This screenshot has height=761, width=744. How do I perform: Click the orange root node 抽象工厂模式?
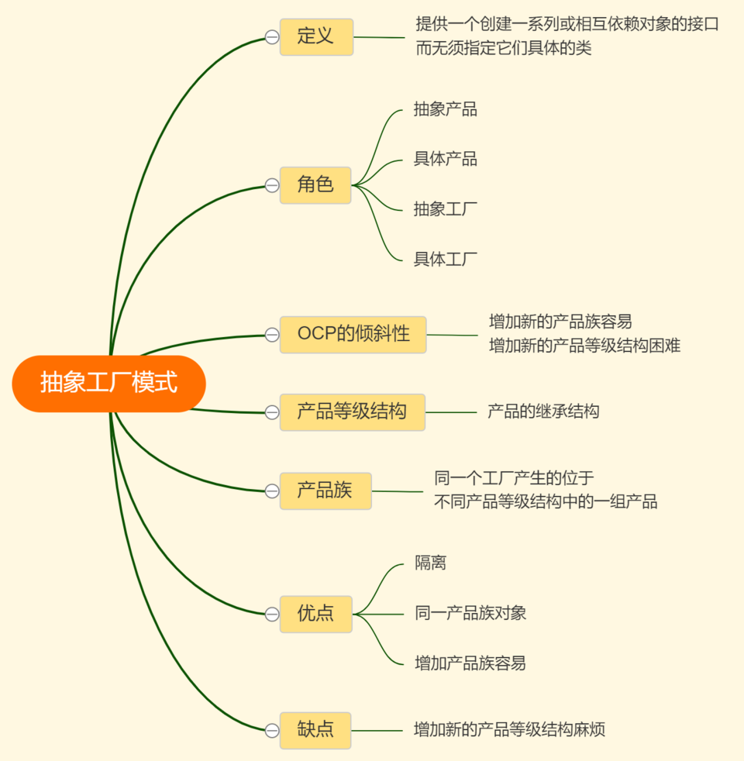click(x=108, y=383)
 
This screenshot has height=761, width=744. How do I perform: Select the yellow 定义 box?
click(x=316, y=36)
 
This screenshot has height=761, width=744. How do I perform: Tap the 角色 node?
click(x=315, y=185)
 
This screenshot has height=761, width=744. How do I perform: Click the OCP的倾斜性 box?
click(x=353, y=335)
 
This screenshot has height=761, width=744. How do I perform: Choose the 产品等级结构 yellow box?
click(x=352, y=411)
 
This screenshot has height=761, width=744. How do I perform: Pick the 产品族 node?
click(x=325, y=491)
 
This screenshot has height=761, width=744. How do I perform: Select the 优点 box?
click(x=315, y=614)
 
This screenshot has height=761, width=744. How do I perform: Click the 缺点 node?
click(x=315, y=730)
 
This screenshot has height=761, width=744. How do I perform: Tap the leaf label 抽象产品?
click(x=446, y=109)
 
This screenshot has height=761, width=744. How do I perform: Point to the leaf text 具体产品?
click(x=446, y=159)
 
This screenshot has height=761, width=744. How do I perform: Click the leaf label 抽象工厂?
click(x=446, y=208)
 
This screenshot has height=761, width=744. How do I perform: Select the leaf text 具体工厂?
click(x=446, y=258)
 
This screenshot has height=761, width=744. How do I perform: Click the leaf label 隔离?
click(x=431, y=563)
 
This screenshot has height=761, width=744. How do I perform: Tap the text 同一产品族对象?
click(x=471, y=613)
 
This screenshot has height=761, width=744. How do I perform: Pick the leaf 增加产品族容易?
click(x=471, y=663)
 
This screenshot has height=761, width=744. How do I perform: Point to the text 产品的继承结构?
click(x=543, y=411)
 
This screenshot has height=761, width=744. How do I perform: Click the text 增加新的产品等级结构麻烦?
click(x=509, y=729)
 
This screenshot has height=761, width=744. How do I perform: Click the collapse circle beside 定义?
click(x=272, y=37)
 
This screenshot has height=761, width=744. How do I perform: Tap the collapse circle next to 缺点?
click(x=272, y=730)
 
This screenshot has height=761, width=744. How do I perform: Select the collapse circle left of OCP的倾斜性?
click(x=272, y=335)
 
